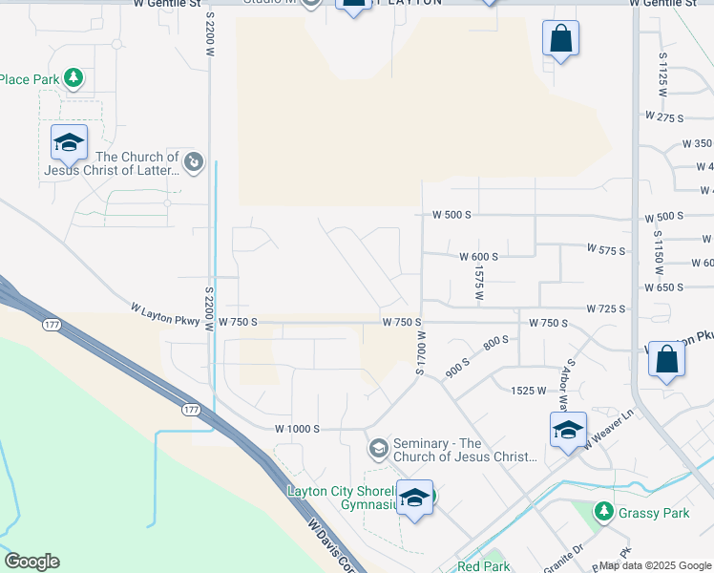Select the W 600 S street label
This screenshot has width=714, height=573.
click(478, 257)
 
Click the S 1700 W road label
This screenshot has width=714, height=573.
click(419, 352)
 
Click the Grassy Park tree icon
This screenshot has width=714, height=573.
click(603, 513)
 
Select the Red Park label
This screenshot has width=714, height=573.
click(483, 566)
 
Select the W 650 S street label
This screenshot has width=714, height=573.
click(664, 286)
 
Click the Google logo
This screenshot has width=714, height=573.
click(31, 562)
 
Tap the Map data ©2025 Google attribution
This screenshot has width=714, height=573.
click(655, 565)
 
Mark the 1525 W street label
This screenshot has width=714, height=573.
click(528, 391)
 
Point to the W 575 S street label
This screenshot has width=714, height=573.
click(605, 250)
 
